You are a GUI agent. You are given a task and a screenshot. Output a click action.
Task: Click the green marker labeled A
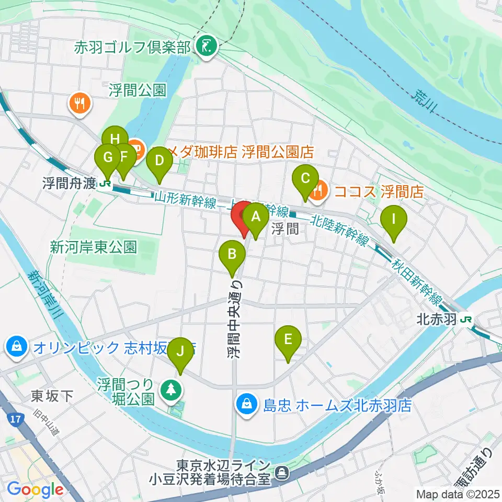point(256,215)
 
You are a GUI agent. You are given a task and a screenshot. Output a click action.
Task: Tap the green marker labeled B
point(233,255)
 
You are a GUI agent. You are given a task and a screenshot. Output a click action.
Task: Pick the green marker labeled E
point(288,339)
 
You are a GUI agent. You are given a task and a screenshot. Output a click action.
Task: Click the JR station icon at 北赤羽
point(467,318)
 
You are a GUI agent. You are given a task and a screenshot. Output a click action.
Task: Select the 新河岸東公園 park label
point(93,247)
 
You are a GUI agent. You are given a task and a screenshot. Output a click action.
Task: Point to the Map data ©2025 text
point(458,493)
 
